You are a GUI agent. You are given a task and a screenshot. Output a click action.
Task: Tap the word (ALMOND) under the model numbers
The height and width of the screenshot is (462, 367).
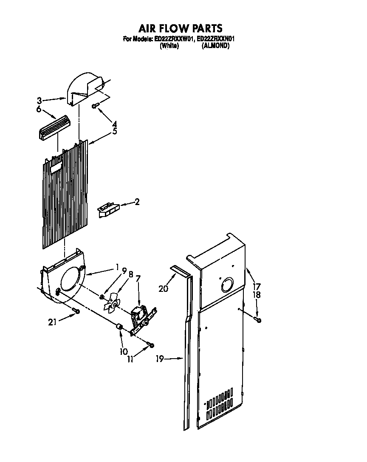[x=215, y=46]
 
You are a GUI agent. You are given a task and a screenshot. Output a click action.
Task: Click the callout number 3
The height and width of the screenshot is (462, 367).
[x=39, y=101]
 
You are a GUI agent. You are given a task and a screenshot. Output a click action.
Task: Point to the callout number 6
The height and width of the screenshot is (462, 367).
[x=39, y=109]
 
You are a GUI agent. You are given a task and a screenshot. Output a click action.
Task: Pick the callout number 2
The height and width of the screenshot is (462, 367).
[x=137, y=202]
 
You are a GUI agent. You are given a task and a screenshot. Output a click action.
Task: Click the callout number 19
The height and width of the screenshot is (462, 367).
[x=160, y=359]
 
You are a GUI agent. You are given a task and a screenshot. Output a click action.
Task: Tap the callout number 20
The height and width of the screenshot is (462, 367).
[x=163, y=288]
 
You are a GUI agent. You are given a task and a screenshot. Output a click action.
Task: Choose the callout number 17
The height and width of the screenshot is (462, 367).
[x=257, y=286]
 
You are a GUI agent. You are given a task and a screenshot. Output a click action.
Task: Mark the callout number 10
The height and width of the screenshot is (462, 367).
[x=124, y=351]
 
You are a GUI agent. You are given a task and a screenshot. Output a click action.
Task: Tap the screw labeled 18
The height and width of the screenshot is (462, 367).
[x=258, y=319]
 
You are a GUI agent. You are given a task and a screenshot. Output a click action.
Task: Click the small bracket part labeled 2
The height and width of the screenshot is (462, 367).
[x=108, y=210]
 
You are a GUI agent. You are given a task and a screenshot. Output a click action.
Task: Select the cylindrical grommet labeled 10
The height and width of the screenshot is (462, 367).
[x=120, y=327]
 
